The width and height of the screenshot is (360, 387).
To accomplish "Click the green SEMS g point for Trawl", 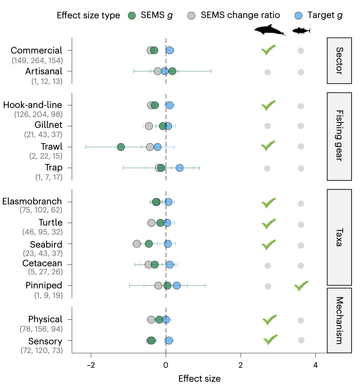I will tap(121, 147).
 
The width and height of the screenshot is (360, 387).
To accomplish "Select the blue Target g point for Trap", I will tap(179, 168).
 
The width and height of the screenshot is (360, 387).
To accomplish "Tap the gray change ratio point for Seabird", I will tap(137, 244).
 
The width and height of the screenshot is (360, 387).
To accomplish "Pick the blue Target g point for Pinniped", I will tap(177, 286).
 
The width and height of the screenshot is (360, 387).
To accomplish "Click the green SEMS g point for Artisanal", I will tap(172, 71).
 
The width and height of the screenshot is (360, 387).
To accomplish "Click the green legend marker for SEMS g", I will tap(132, 16).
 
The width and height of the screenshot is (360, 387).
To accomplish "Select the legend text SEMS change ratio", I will tap(240, 15).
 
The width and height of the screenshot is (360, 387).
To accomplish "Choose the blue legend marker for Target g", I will tap(298, 16).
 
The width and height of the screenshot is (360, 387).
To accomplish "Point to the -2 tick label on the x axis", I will tap(91, 365).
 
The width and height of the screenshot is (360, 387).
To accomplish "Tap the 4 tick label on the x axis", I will tap(315, 365).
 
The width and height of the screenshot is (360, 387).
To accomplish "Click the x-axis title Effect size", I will tap(199, 379).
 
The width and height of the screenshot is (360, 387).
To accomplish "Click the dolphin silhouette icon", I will tap(269, 30).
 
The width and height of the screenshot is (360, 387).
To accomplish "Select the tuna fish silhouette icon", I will tap(301, 30).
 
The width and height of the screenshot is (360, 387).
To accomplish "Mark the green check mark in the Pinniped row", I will tap(301, 286).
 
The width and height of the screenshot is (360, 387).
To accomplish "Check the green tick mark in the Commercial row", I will tap(268, 50).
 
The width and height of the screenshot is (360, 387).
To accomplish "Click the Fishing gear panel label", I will tap(339, 136).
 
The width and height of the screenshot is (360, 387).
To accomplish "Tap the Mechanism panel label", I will tap(339, 320).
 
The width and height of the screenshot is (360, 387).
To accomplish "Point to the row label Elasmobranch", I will tap(32, 201).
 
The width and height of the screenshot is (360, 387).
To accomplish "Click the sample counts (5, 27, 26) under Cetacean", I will tap(45, 272).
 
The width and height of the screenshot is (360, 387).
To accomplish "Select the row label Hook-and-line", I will tap(33, 105).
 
